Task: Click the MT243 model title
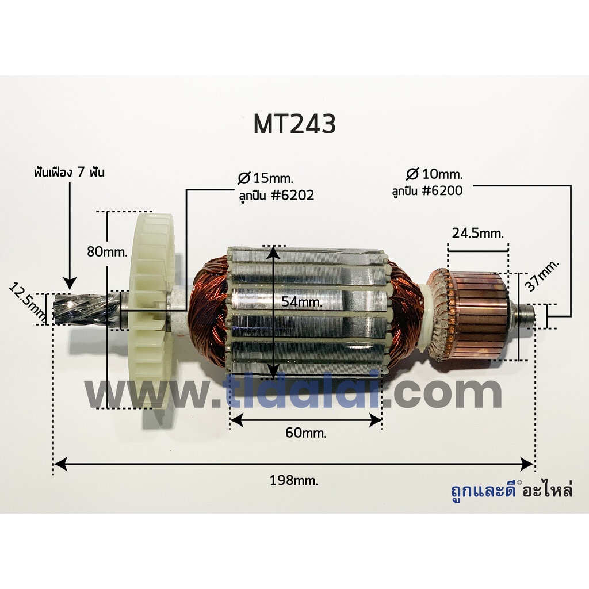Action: pos(294,124)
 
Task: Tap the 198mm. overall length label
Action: pos(294,480)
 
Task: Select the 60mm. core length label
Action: pos(306,433)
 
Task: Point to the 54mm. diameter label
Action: pos(302,301)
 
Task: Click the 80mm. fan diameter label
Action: pos(108,251)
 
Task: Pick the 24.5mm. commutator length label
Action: pos(477,234)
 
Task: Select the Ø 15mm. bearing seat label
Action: pos(266,178)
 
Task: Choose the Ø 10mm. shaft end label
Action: pos(434,174)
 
